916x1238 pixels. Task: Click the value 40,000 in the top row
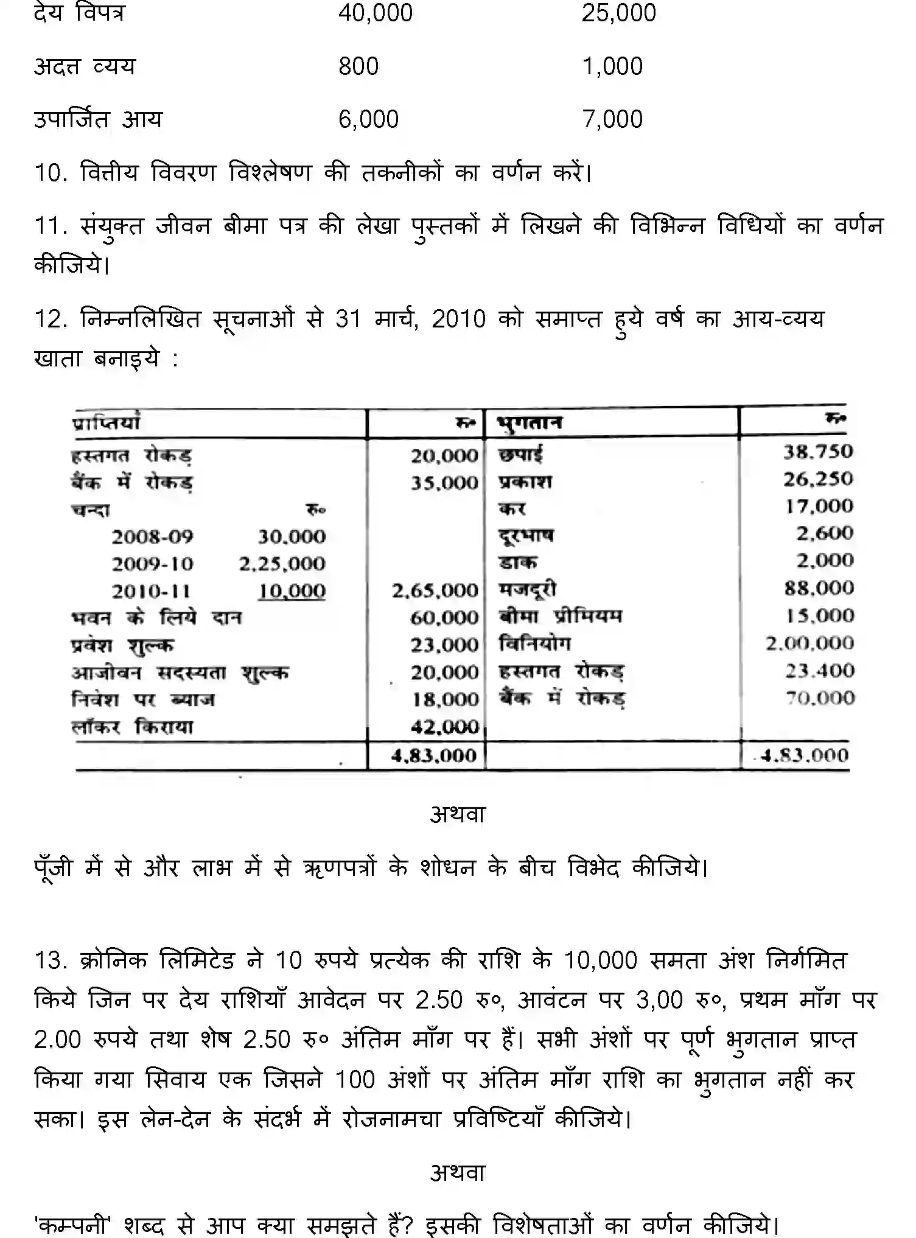[375, 13]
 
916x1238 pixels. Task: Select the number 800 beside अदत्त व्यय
[358, 66]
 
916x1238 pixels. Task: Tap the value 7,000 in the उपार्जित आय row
[612, 119]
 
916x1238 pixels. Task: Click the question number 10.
[50, 173]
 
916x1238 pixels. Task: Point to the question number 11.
[50, 226]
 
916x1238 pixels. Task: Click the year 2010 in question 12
[458, 319]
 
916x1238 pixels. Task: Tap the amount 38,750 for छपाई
[817, 452]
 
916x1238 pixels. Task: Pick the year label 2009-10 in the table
[152, 564]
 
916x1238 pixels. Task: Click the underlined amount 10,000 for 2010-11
[292, 590]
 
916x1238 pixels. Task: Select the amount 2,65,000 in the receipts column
[435, 590]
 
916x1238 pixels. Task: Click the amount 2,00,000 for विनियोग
[809, 643]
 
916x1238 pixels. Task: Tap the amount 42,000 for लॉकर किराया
[444, 727]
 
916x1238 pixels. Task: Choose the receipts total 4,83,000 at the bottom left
[433, 756]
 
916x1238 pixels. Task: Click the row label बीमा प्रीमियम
[561, 617]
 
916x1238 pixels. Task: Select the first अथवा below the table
[458, 814]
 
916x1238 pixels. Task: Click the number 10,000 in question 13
[600, 960]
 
